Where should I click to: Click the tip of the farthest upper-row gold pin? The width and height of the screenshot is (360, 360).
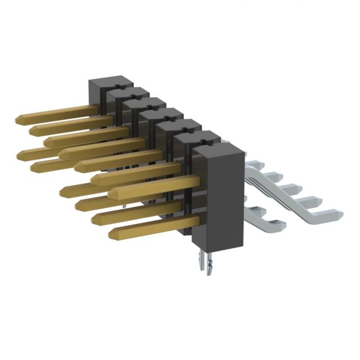19,119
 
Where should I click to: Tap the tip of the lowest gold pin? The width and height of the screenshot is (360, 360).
112,233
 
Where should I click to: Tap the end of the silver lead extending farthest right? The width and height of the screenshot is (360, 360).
339,214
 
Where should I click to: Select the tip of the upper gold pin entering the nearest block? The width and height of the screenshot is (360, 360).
112,193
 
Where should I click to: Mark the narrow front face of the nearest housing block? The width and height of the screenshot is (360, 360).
202,197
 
